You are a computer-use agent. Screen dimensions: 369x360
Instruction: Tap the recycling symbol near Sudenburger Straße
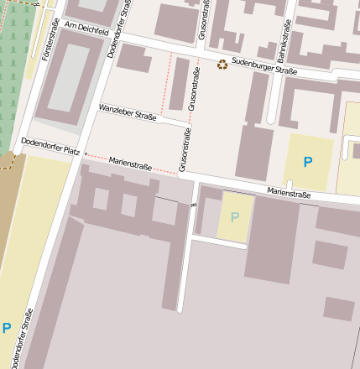tap(222, 64)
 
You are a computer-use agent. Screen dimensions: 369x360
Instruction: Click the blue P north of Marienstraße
tap(308, 161)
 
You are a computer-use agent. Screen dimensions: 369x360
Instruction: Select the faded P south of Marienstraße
tap(235, 217)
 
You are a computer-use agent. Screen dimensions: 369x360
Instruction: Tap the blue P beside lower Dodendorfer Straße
tap(7, 328)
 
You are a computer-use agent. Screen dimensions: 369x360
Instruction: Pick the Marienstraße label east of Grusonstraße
tap(289, 194)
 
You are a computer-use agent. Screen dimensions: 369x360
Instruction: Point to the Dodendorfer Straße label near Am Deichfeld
tap(119, 29)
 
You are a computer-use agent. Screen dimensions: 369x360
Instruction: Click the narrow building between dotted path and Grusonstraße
tap(179, 84)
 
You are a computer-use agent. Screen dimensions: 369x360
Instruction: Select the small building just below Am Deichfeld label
tap(132, 57)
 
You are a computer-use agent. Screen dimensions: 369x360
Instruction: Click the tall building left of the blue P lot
tap(254, 152)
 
